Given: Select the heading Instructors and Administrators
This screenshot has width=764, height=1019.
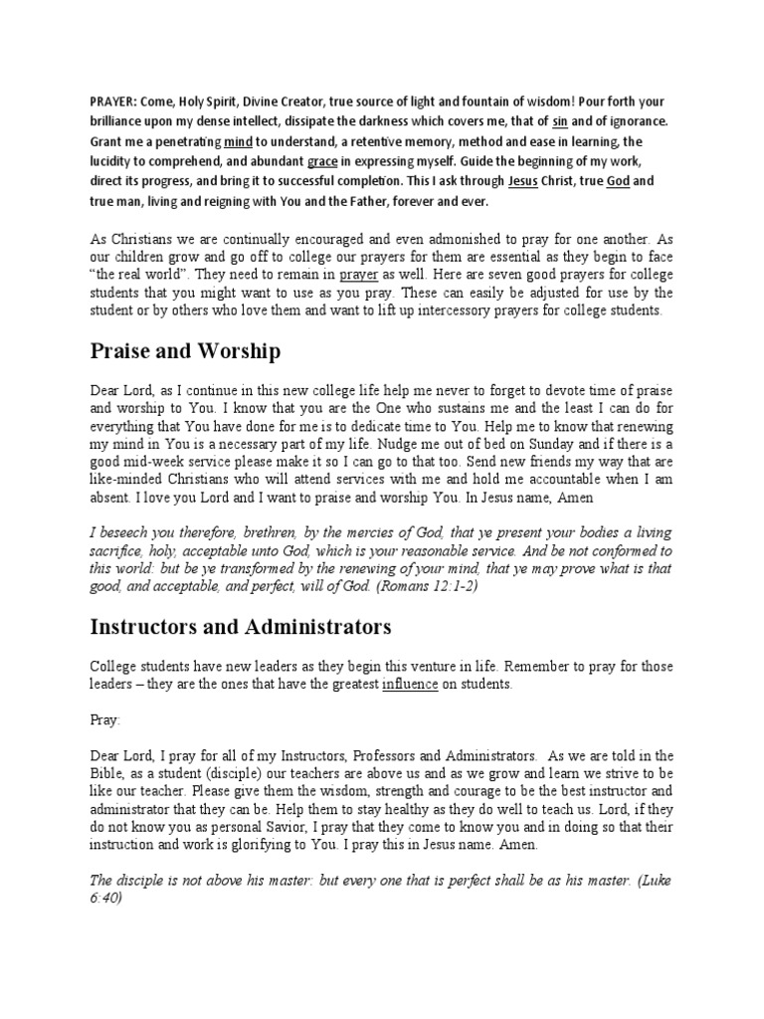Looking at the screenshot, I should coord(240,627).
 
